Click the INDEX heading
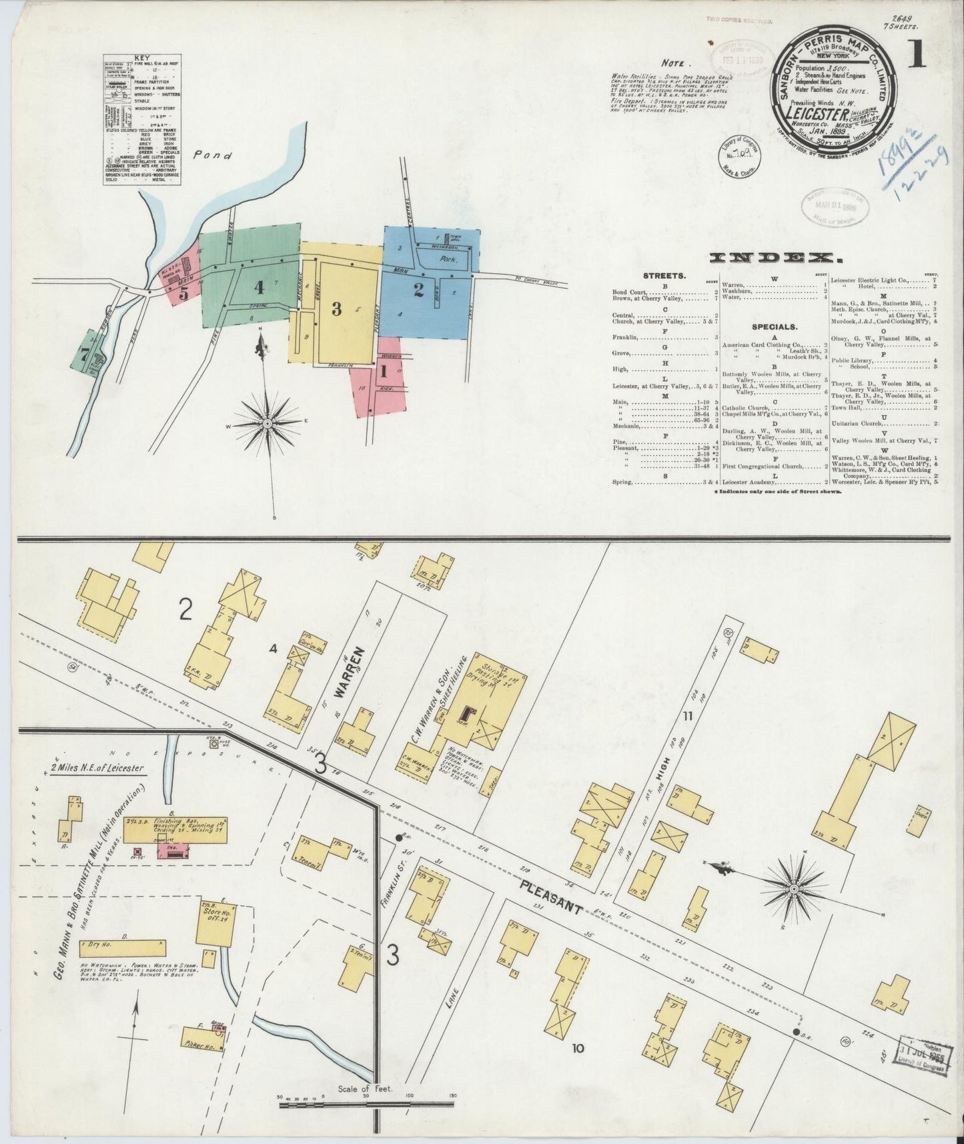coord(774,257)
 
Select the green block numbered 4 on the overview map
coord(259,287)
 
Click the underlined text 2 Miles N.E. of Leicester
coord(97,768)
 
